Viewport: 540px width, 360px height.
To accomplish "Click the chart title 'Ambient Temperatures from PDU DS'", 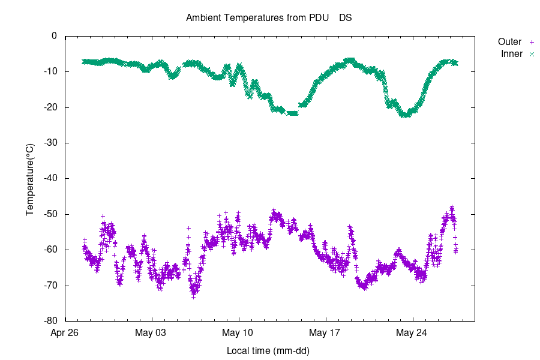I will (269, 17).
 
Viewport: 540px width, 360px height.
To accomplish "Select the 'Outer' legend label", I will (509, 42).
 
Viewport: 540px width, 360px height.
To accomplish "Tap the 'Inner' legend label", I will (512, 54).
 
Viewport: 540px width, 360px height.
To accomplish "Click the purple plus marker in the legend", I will (531, 42).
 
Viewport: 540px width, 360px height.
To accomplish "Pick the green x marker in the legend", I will (531, 54).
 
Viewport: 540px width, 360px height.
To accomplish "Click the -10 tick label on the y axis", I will (50, 71).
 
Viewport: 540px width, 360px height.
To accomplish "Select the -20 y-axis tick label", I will (50, 107).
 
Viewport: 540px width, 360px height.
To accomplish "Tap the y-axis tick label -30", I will (50, 143).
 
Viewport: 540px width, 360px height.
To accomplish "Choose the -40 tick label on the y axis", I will (50, 178).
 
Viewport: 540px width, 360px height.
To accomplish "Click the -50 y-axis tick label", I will (50, 214).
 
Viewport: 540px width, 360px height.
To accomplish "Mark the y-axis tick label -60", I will (50, 250).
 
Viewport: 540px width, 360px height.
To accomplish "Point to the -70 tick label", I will (50, 285).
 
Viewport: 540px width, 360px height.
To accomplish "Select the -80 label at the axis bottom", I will (50, 321).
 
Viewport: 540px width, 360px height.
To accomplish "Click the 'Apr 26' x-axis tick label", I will (65, 333).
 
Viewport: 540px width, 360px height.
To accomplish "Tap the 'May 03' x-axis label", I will (152, 333).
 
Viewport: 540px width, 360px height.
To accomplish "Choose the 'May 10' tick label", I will (239, 333).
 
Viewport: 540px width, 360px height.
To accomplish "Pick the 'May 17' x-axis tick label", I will (326, 333).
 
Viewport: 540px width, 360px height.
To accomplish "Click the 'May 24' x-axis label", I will (413, 333).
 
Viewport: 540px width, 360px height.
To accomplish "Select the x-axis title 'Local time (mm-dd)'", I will (268, 350).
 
